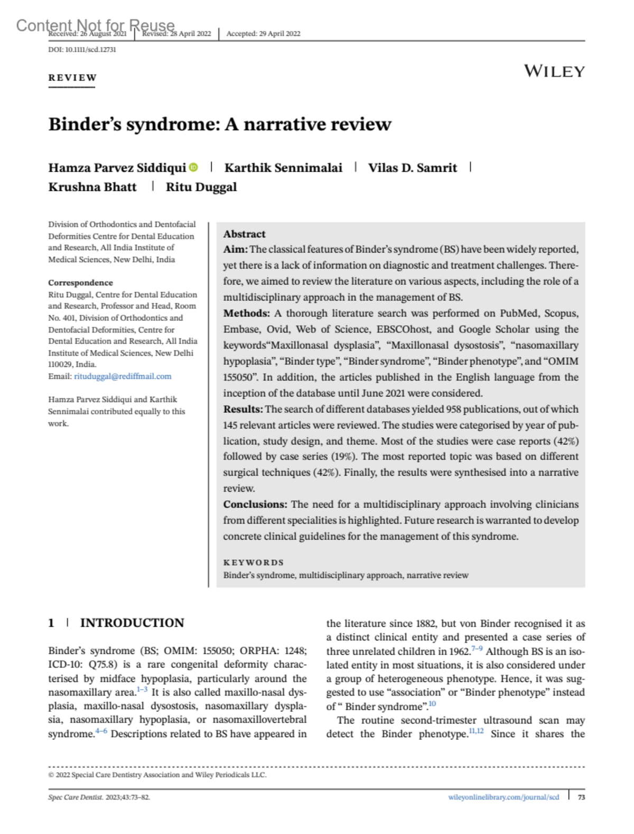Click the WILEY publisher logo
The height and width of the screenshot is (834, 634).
(554, 71)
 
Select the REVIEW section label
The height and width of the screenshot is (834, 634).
(72, 78)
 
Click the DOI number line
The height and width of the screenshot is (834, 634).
(82, 50)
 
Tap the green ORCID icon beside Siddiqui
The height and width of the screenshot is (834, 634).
(194, 168)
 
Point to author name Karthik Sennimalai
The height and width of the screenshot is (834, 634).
(283, 168)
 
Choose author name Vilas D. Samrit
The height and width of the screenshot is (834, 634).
(412, 168)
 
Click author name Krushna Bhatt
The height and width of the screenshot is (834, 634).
(92, 187)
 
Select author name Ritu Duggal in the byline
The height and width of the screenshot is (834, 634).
(201, 187)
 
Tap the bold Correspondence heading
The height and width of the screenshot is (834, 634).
(80, 283)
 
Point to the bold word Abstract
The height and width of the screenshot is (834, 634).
(244, 234)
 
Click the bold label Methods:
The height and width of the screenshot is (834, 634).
(246, 313)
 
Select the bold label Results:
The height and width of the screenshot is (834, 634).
(243, 409)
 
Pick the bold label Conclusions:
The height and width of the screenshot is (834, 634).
(255, 504)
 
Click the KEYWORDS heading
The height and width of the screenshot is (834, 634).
(253, 562)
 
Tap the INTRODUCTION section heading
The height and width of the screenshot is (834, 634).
(132, 623)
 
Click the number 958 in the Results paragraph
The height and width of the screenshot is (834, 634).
(454, 409)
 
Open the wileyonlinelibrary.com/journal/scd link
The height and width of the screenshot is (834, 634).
(504, 797)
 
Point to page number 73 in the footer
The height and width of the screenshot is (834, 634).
(581, 797)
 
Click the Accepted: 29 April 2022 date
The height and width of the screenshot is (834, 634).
(263, 34)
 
